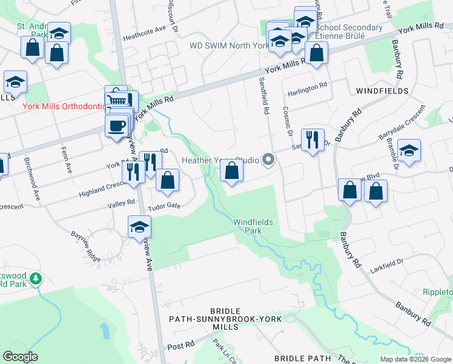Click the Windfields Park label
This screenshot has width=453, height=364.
point(253,226)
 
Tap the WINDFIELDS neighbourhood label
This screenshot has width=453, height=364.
point(382,90)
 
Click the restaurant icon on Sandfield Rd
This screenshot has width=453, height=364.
point(312,140)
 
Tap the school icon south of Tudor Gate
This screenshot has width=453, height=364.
point(139,227)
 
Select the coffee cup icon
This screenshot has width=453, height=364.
point(117,126)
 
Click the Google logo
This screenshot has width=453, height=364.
point(21,357)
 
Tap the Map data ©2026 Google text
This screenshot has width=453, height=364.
point(415,359)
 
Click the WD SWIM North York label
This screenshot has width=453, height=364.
point(228,45)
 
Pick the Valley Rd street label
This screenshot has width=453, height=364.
point(121,205)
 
